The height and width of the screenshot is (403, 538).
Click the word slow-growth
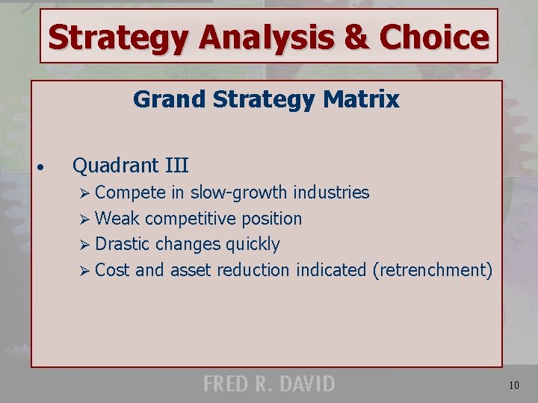tap(238, 193)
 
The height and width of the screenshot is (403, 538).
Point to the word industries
tap(331, 193)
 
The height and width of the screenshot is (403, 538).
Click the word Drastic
tap(124, 244)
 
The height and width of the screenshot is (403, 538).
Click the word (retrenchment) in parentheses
tap(432, 270)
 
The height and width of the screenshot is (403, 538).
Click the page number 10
tap(515, 386)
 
